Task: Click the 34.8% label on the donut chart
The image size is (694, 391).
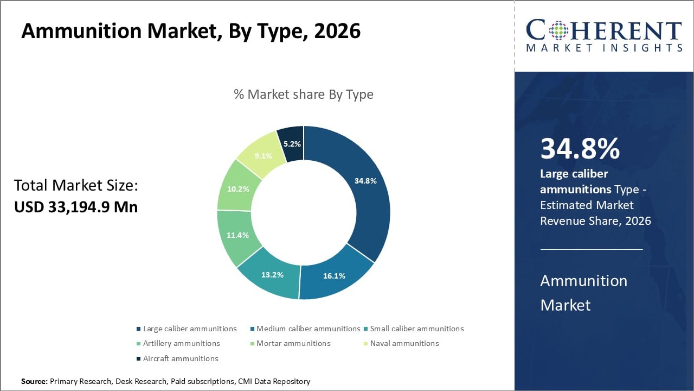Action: click(365, 181)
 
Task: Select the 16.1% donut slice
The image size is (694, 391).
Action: click(334, 276)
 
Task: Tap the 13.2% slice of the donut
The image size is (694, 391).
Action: click(272, 275)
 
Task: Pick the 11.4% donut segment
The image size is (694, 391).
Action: click(237, 235)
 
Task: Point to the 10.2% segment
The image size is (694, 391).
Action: click(239, 190)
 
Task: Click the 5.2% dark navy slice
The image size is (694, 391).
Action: click(292, 144)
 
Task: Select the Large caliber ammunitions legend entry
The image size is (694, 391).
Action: click(190, 329)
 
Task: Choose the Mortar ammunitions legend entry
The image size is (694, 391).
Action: click(293, 343)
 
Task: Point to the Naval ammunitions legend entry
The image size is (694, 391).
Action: click(404, 343)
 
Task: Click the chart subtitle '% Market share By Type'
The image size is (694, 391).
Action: click(304, 94)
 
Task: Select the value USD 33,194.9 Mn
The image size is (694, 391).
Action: click(76, 207)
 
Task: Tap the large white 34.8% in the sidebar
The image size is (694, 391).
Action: click(580, 149)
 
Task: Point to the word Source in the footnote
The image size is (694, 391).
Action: click(34, 382)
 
